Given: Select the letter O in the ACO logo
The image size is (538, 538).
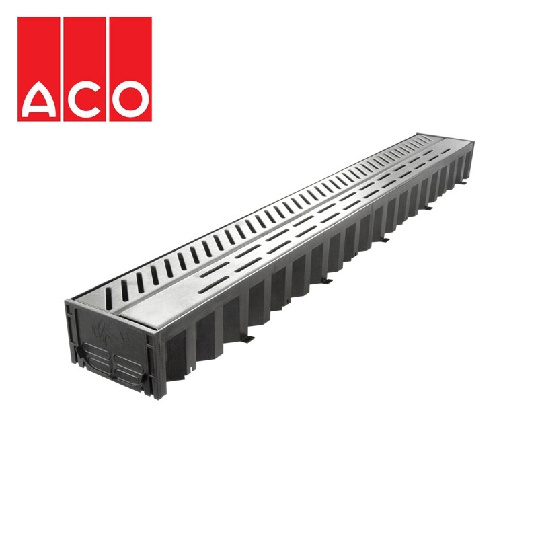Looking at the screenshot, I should pyautogui.click(x=128, y=98).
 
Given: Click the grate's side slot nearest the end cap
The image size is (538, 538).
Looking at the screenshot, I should pyautogui.click(x=124, y=287).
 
